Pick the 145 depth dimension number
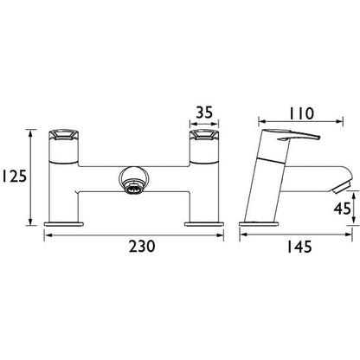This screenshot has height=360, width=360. click(299, 247)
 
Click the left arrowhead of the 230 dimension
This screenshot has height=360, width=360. click(46, 235)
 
